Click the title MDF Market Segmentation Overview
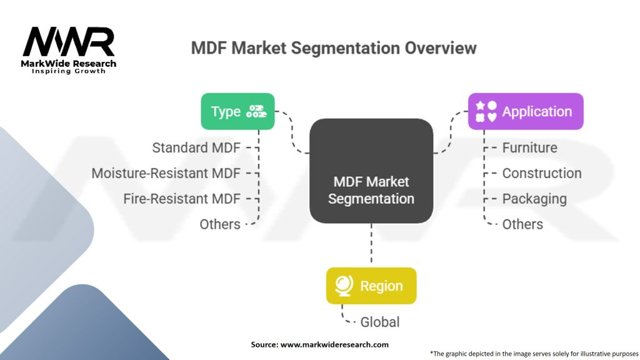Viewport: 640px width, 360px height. coord(334,48)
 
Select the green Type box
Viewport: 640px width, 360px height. coord(237,111)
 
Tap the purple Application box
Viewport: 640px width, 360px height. coord(526,111)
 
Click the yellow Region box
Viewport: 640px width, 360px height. coord(371,286)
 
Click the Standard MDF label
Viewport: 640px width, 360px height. coord(196,147)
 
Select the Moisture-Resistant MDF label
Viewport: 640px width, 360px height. coord(166,173)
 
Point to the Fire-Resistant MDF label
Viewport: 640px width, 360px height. coord(182,199)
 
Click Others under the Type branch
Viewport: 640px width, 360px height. coord(220,224)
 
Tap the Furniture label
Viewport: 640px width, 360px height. coord(529,147)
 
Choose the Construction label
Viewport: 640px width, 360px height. coord(542,173)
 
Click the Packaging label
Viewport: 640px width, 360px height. coord(534,199)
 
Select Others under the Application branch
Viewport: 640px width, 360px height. coord(522,224)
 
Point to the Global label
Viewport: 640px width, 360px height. coord(379,322)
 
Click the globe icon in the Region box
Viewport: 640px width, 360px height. coord(343,286)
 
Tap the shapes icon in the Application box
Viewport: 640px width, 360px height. coord(486,111)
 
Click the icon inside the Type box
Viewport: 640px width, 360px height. coord(256,111)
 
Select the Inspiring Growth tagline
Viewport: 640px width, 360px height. coord(69,71)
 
